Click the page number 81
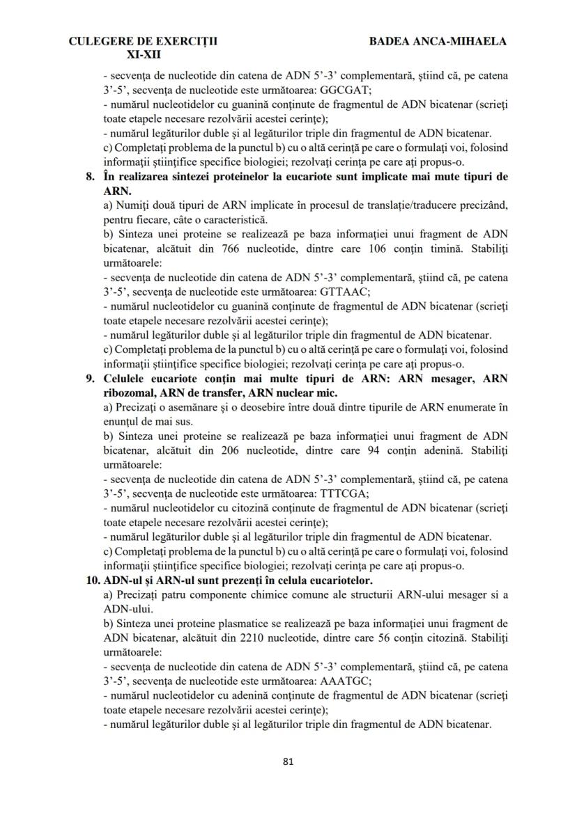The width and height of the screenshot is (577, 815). tap(288, 761)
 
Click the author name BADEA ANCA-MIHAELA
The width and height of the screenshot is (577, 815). tap(438, 41)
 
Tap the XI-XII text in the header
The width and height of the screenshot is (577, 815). tap(143, 53)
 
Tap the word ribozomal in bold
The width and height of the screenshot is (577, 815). tap(129, 393)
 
